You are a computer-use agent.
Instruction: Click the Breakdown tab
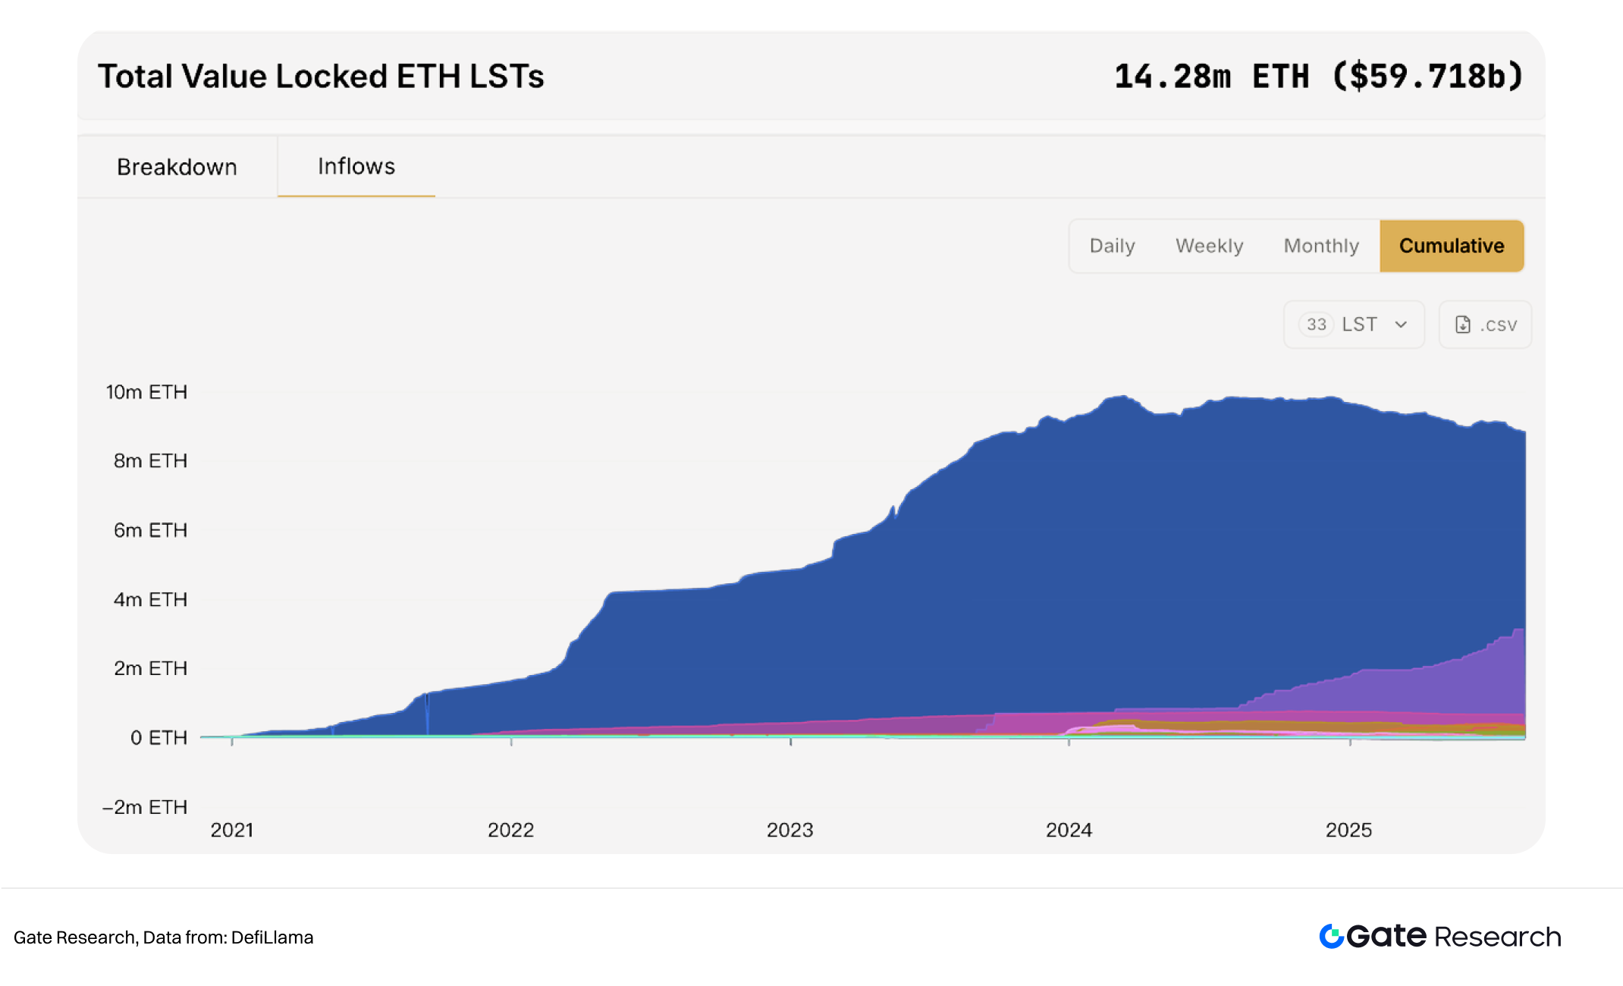coord(177,167)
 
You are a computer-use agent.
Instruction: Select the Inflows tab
coord(356,166)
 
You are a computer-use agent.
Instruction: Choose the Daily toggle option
coord(1112,246)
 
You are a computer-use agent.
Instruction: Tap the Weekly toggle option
coord(1209,246)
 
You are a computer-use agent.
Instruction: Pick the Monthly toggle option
coord(1321,246)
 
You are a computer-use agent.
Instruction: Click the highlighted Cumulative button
coord(1452,246)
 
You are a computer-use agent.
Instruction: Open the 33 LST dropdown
coord(1354,325)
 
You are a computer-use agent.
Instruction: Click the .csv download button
coord(1485,325)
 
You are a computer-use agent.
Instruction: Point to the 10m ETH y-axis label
coord(146,392)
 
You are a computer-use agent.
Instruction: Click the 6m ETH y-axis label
coord(150,530)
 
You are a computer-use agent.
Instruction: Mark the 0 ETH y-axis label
coord(159,738)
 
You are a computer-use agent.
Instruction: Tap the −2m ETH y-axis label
coord(145,807)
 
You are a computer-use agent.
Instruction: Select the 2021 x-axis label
coord(232,830)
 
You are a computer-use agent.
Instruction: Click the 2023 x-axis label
coord(790,830)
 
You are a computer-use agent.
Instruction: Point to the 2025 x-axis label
coord(1348,830)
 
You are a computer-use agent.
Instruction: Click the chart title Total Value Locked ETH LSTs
coord(321,77)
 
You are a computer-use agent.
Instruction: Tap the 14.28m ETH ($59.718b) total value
coord(1318,77)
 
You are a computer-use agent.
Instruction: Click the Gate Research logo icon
coord(1332,937)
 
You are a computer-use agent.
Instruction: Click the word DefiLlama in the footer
coord(272,937)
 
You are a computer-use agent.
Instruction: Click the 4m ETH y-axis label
coord(150,599)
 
